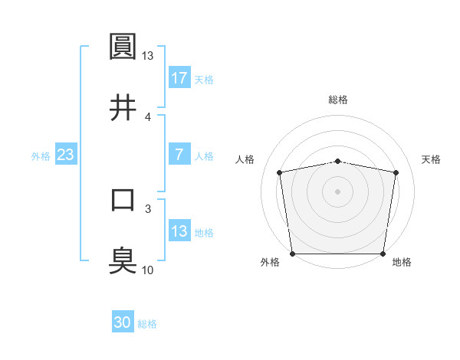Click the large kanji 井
(x=123, y=108)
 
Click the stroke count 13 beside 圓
(x=147, y=56)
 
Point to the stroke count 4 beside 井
(x=147, y=116)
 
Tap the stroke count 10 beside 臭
(x=147, y=270)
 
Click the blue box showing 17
(x=179, y=78)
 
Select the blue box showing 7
(x=179, y=155)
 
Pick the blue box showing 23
(x=66, y=155)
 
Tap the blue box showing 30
(x=123, y=323)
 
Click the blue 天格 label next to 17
(x=204, y=79)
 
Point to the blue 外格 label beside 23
(x=41, y=155)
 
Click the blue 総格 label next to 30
(x=147, y=324)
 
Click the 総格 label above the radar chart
(x=338, y=100)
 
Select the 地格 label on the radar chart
(x=402, y=263)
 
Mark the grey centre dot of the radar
(x=338, y=191)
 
